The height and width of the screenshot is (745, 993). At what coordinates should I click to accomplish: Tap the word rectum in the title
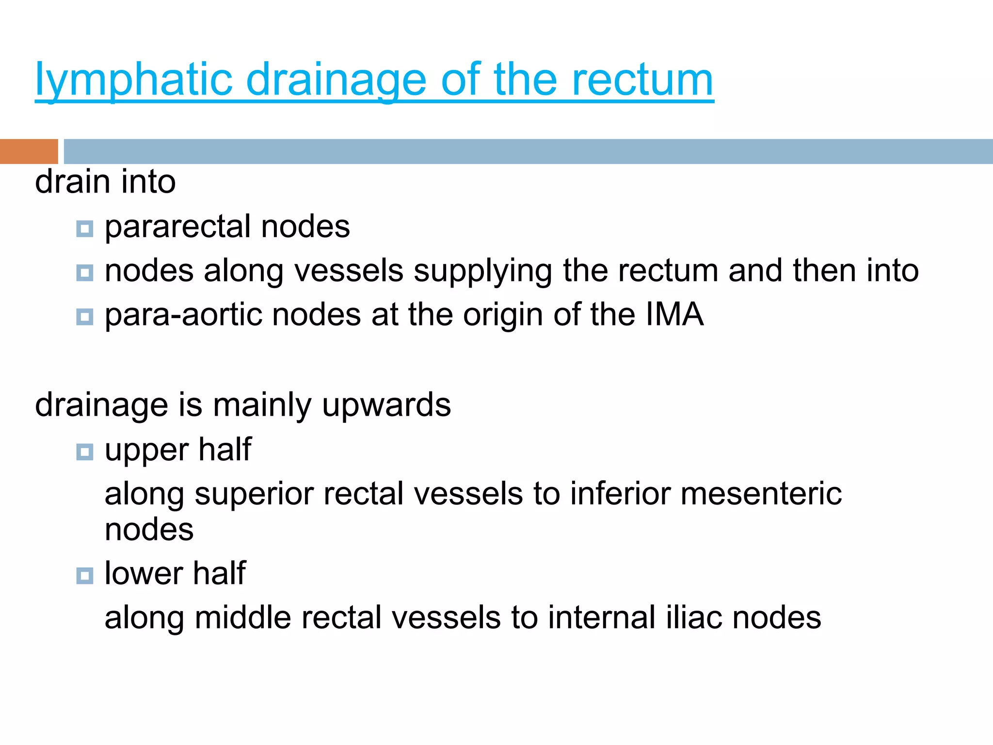point(642,80)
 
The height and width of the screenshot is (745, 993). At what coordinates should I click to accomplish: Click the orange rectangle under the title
point(29,151)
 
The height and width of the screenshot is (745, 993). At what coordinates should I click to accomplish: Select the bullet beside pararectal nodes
point(85,228)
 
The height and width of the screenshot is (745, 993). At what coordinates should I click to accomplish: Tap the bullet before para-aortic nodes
point(85,317)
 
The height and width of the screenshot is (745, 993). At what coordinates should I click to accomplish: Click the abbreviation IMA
point(674,315)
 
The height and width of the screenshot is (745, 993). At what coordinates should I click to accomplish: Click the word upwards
point(386,405)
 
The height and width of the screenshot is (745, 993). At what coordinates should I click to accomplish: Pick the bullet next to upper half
point(85,452)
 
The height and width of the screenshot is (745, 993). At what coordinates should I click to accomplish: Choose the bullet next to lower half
point(85,576)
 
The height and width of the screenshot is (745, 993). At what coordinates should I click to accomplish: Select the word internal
point(596,618)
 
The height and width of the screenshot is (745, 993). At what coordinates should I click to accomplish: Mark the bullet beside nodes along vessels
point(85,273)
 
